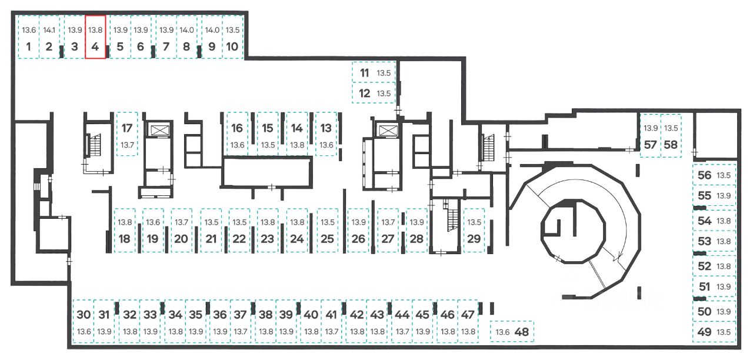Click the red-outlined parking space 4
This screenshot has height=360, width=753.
coord(95,37)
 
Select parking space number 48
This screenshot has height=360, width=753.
coord(512,331)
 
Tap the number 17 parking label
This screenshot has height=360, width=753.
coord(126,128)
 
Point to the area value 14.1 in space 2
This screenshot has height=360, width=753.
coord(49,30)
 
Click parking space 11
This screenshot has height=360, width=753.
coord(374,72)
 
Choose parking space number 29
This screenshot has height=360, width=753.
coord(474,230)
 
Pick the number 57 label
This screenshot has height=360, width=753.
coord(651,145)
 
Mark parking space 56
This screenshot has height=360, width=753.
coord(714,175)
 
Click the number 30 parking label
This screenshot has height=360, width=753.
coord(84,315)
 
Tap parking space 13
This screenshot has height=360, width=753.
coord(326,134)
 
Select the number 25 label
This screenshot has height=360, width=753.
coord(327,239)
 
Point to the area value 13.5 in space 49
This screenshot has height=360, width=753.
coord(724,332)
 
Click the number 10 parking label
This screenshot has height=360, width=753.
coord(232,46)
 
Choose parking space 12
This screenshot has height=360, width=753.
coord(374,93)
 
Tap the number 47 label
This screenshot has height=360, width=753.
coord(468,315)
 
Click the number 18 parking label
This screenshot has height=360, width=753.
coord(124,239)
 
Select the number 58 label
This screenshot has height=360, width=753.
coord(671,145)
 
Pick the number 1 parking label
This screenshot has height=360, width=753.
coord(29,46)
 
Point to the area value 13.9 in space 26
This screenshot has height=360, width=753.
coord(359,222)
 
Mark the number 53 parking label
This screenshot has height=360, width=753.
coord(705,241)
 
